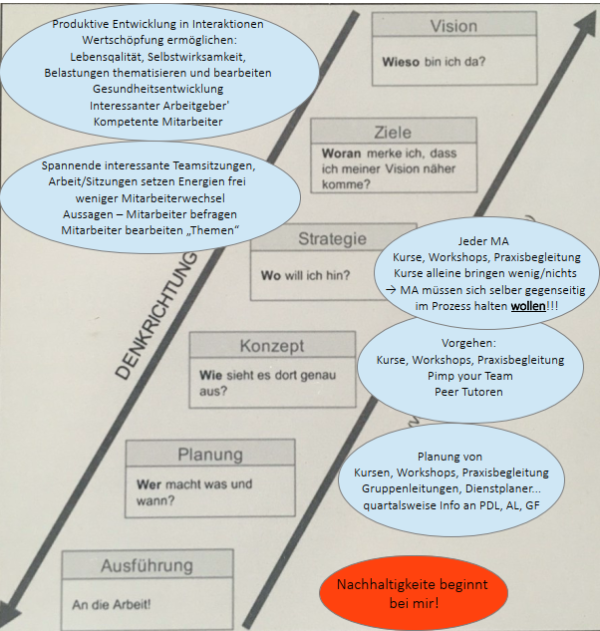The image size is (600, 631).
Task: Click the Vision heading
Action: coord(453,27)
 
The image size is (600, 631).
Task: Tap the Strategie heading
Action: coord(332,239)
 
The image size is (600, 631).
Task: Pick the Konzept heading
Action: coord(272,346)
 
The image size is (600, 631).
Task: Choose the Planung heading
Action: coord(210,455)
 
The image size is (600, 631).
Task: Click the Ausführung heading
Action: coord(147,566)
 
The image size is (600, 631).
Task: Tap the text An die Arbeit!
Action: coord(112,604)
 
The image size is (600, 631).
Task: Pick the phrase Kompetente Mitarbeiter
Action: coord(157,122)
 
